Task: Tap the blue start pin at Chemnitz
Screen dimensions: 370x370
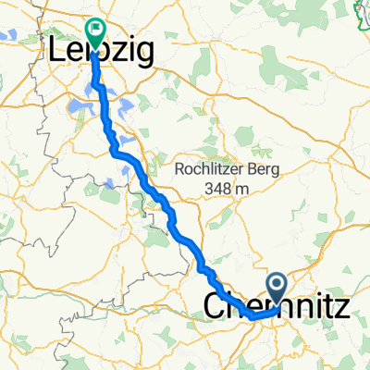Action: [x=276, y=285]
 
